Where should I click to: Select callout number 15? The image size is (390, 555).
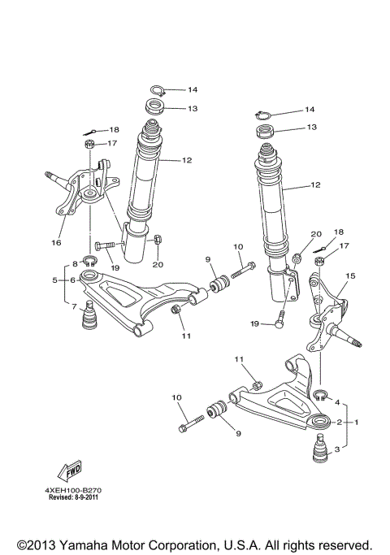click(351, 276)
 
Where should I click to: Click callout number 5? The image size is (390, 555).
click(55, 280)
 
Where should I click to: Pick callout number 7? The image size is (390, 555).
click(76, 306)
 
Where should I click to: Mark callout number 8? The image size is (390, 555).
click(75, 264)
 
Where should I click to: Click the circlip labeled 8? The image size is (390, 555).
click(91, 261)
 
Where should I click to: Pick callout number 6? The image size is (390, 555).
click(72, 280)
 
